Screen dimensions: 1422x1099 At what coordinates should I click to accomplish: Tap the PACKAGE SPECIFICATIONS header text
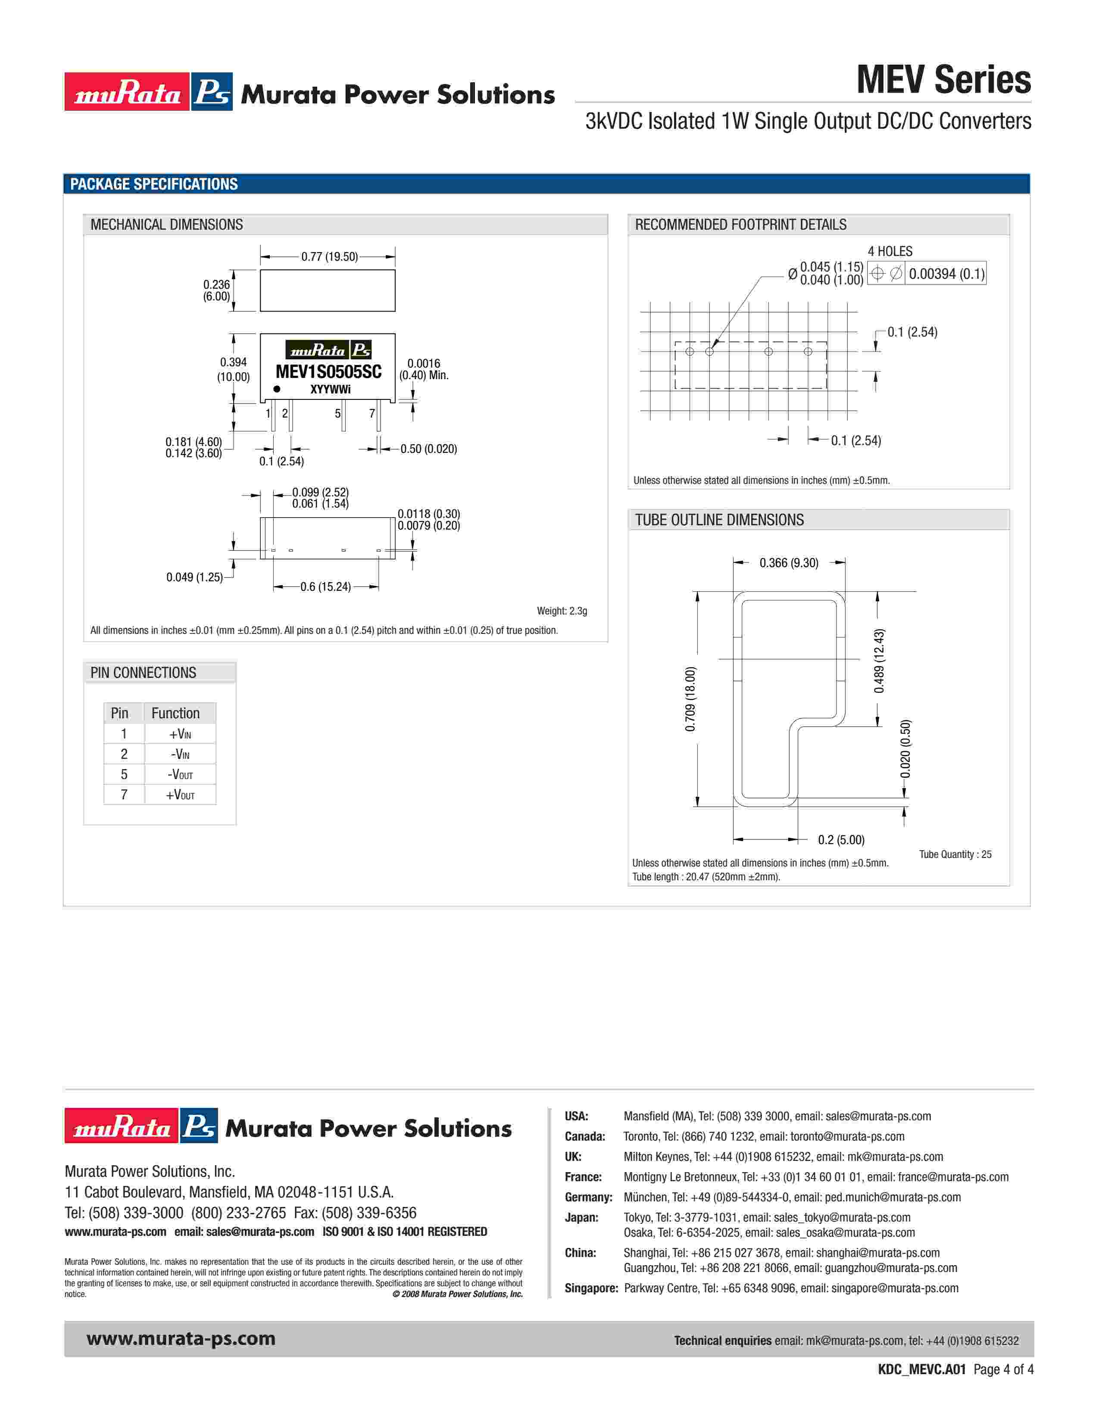coord(154,184)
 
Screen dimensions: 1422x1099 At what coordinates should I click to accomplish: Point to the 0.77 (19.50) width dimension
coord(329,256)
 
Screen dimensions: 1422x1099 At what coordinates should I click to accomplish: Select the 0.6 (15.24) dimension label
coord(325,586)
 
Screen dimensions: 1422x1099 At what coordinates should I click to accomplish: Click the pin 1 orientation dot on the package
coord(277,389)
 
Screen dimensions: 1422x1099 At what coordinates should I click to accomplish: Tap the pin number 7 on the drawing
coord(372,413)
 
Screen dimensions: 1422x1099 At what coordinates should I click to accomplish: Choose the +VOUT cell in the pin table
coord(180,795)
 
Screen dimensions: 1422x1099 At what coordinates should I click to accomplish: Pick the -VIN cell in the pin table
coord(180,755)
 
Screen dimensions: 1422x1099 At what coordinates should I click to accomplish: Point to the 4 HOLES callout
coord(890,251)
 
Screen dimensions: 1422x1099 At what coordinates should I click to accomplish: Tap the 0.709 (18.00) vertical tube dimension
coord(691,699)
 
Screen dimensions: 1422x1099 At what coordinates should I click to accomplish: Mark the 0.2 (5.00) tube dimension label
coord(841,840)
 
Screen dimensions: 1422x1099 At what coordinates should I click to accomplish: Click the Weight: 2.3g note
coord(561,611)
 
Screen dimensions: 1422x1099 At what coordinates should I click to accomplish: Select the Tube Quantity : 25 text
coord(955,854)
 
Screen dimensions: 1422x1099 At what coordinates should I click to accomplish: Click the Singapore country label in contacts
coord(590,1288)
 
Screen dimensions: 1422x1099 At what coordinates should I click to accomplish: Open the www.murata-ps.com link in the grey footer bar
coord(181,1339)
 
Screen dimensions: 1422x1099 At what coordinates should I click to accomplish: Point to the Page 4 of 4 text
coord(1002,1369)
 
